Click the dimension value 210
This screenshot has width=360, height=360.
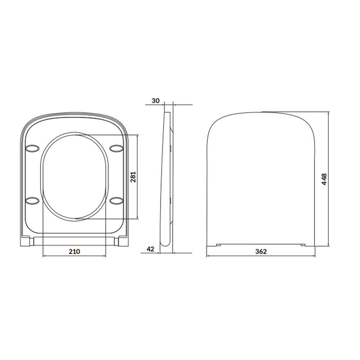(75, 252)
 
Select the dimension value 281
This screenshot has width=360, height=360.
(133, 177)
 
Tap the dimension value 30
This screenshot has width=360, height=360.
(156, 101)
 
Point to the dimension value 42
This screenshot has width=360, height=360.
(150, 249)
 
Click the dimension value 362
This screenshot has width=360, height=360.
(261, 252)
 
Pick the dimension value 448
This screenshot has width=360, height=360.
(324, 179)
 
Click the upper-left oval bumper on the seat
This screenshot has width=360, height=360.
(33, 149)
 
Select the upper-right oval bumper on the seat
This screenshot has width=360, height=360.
(117, 149)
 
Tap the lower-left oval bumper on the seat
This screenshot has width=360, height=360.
(33, 201)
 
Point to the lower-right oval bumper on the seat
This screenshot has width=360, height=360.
(117, 201)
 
